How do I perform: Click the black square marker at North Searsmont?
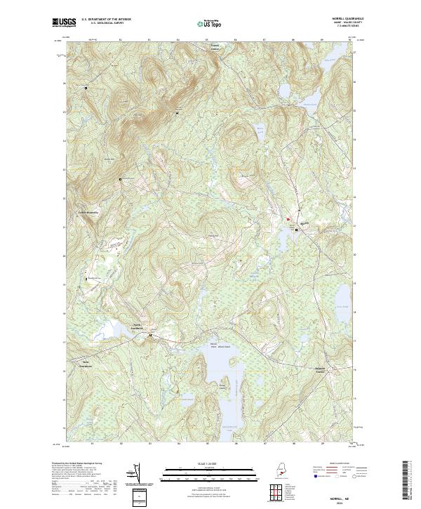pos(150,336)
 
